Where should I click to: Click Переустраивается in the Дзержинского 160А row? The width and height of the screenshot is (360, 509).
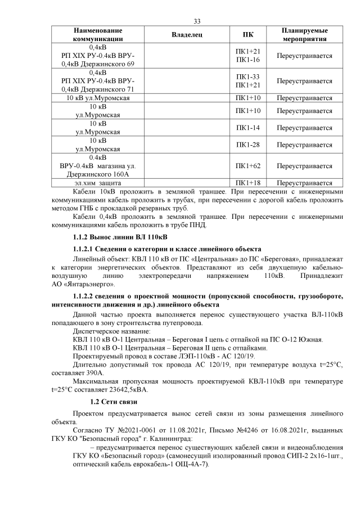(305, 166)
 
